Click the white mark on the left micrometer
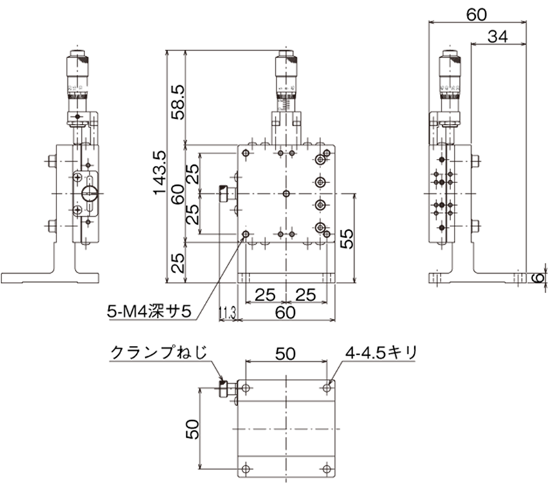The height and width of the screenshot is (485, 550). click(85, 88)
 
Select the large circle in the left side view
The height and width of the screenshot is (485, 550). click(88, 188)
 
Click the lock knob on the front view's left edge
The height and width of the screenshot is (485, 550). click(224, 195)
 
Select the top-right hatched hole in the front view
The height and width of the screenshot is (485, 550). click(320, 159)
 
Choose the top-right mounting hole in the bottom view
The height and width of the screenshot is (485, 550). click(327, 388)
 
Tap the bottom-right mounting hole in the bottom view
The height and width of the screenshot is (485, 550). click(327, 468)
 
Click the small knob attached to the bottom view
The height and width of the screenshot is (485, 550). click(224, 388)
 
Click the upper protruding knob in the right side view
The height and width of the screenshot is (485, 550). click(475, 162)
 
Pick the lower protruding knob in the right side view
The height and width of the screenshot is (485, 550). click(475, 224)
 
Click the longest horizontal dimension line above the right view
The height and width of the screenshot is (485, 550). click(477, 21)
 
